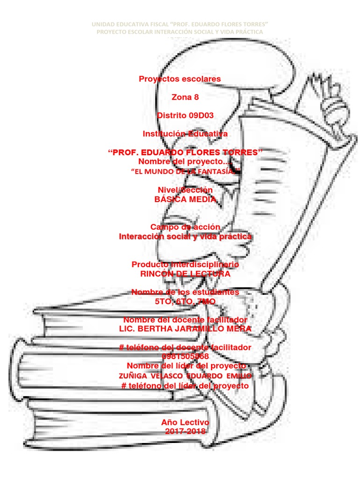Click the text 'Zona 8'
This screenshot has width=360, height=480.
pyautogui.click(x=185, y=97)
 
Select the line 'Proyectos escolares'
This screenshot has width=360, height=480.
pyautogui.click(x=180, y=79)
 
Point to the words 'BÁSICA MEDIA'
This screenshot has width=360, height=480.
pyautogui.click(x=186, y=199)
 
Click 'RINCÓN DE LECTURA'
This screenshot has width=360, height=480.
pyautogui.click(x=186, y=273)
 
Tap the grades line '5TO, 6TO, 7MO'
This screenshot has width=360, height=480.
pyautogui.click(x=185, y=301)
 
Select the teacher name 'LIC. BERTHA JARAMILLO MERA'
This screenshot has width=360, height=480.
pyautogui.click(x=186, y=329)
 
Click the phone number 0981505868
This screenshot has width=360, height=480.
pyautogui.click(x=185, y=356)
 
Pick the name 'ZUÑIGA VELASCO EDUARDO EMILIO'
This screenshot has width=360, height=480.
pyautogui.click(x=186, y=376)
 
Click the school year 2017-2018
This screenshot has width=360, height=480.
pyautogui.click(x=185, y=431)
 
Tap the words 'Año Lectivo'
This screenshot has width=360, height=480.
pyautogui.click(x=185, y=422)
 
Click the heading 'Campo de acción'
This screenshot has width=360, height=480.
pyautogui.click(x=185, y=227)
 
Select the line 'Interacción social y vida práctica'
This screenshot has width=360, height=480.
pyautogui.click(x=185, y=236)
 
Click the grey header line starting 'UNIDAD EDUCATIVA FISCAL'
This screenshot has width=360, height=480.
pyautogui.click(x=180, y=24)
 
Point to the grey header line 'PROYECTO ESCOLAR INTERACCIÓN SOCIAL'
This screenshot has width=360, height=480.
pyautogui.click(x=180, y=31)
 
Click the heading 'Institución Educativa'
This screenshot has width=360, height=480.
pyautogui.click(x=185, y=134)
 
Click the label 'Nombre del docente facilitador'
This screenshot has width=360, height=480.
pyautogui.click(x=185, y=319)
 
